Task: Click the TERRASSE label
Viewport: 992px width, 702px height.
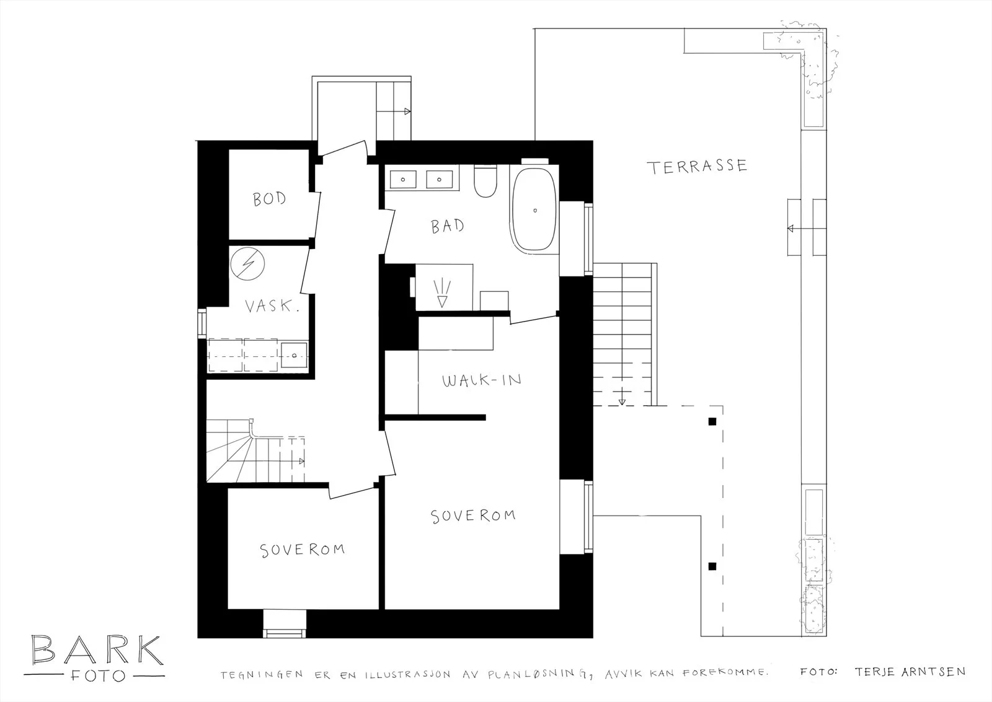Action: pos(697,167)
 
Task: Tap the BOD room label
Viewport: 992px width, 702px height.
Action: pos(269,199)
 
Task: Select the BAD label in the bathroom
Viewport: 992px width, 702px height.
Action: pos(447,226)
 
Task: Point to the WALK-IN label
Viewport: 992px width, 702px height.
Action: pos(481,380)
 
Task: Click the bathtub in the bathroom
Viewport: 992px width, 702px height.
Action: pos(534,209)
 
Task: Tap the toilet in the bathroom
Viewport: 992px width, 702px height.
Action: pos(485,181)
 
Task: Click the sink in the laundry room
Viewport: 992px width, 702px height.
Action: pos(294,355)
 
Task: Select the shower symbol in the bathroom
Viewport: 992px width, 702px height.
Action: pos(442,293)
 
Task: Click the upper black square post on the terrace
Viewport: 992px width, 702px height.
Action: pos(712,421)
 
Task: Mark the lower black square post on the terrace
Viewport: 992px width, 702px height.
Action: pos(712,566)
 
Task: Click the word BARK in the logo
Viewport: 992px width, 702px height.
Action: pos(97,650)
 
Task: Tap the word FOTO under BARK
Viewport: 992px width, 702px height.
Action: pos(98,676)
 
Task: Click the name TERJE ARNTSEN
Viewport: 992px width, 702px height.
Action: pos(910,672)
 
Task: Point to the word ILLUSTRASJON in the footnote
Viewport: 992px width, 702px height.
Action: pos(407,675)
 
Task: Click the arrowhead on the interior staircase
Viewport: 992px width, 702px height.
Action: pos(301,461)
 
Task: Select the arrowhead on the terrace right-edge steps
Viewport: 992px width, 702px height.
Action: pos(790,229)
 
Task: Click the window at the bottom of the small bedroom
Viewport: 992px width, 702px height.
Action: pos(285,624)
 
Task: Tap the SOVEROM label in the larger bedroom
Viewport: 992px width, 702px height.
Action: pos(473,516)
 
